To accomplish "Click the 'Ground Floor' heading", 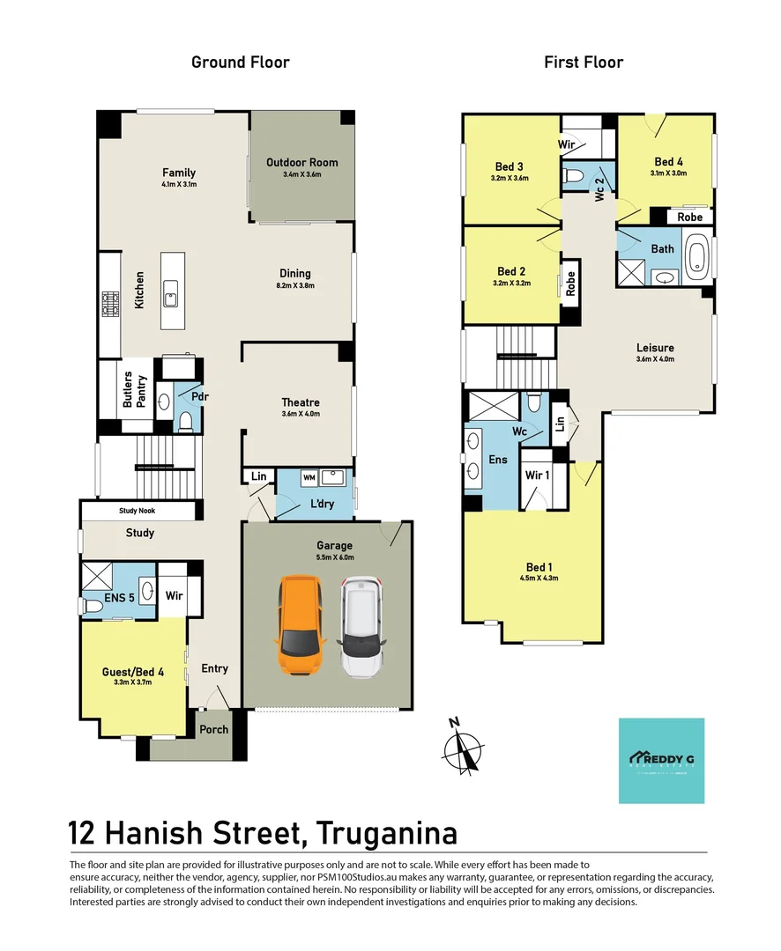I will point(241,62).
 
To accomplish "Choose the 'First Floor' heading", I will point(584,62).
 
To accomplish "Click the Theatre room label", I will point(300,402).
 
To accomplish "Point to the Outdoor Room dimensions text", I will point(301,174).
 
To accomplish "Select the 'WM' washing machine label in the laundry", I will point(309,477).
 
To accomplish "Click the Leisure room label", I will point(655,347).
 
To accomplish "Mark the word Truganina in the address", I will point(389,832).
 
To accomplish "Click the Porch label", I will point(213,729).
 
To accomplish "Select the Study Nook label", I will point(139,511).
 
